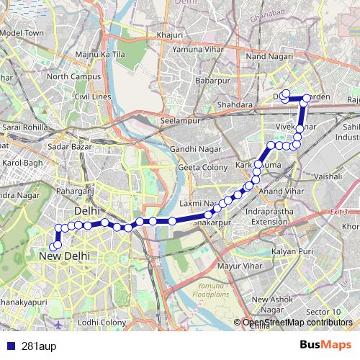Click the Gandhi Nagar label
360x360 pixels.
189,149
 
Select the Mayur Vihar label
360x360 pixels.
237,266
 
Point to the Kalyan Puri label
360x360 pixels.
292,251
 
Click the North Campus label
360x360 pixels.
68,76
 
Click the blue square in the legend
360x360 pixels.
8,345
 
